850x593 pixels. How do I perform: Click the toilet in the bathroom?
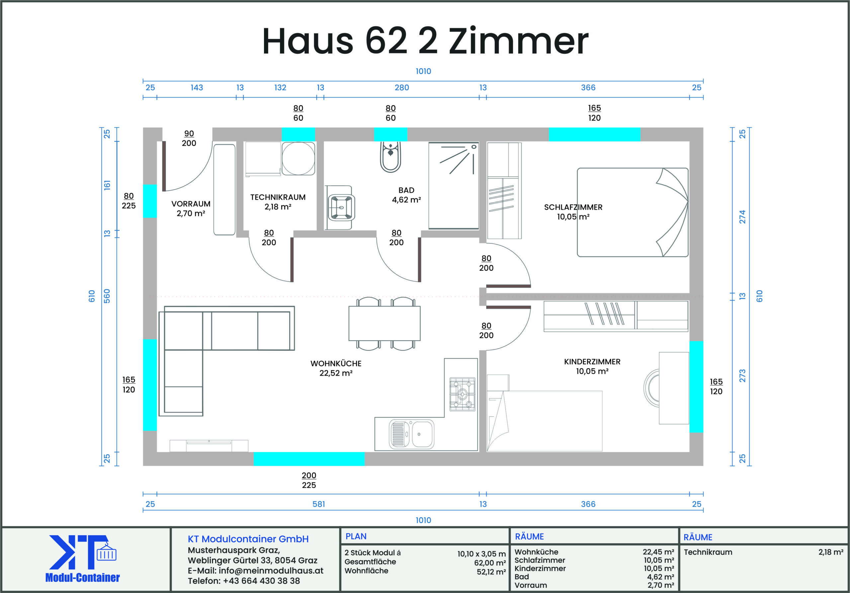[x=390, y=157]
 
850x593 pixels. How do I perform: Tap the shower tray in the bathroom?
[x=454, y=185]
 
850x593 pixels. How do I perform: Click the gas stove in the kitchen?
[x=462, y=394]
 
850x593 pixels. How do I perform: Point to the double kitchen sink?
[x=411, y=434]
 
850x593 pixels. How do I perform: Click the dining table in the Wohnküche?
[x=384, y=323]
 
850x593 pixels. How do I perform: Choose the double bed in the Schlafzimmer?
[x=632, y=212]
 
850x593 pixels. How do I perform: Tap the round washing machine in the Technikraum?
[x=298, y=158]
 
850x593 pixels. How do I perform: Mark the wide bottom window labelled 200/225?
[x=309, y=459]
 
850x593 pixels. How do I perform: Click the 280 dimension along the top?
[x=402, y=88]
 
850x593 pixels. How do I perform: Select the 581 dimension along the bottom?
[x=318, y=504]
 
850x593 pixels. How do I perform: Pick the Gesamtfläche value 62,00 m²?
[x=490, y=563]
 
